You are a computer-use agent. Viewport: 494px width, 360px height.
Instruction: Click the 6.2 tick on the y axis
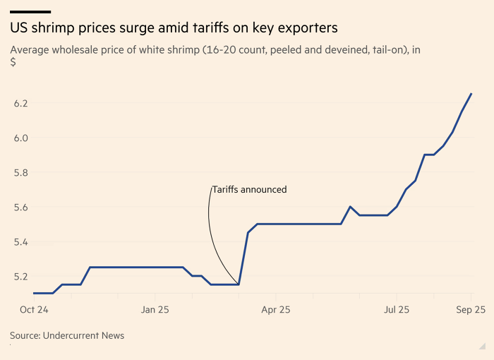20,103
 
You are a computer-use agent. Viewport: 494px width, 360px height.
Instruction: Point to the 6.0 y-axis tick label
20,138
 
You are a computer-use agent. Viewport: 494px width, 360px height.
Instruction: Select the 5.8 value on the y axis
20,172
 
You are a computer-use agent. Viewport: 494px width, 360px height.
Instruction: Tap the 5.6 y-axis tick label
20,207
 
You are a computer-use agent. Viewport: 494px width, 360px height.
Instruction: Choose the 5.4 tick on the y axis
20,241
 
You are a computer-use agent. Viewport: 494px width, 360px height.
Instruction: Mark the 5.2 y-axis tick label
20,276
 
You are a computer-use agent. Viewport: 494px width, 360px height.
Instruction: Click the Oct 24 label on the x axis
34,309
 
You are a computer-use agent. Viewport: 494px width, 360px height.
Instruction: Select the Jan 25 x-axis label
155,309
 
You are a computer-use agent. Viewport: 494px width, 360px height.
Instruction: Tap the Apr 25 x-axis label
276,309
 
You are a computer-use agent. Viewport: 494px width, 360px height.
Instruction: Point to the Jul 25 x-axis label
397,309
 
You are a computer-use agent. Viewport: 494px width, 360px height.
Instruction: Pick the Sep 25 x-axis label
469,309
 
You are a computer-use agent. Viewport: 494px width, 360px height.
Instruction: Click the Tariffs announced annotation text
250,189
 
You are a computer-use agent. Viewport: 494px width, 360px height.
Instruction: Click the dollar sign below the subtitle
13,63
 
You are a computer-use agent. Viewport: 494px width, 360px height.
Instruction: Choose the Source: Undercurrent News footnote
67,335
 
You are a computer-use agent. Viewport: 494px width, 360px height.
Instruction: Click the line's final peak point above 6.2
471,93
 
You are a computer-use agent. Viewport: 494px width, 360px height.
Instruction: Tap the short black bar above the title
30,11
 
